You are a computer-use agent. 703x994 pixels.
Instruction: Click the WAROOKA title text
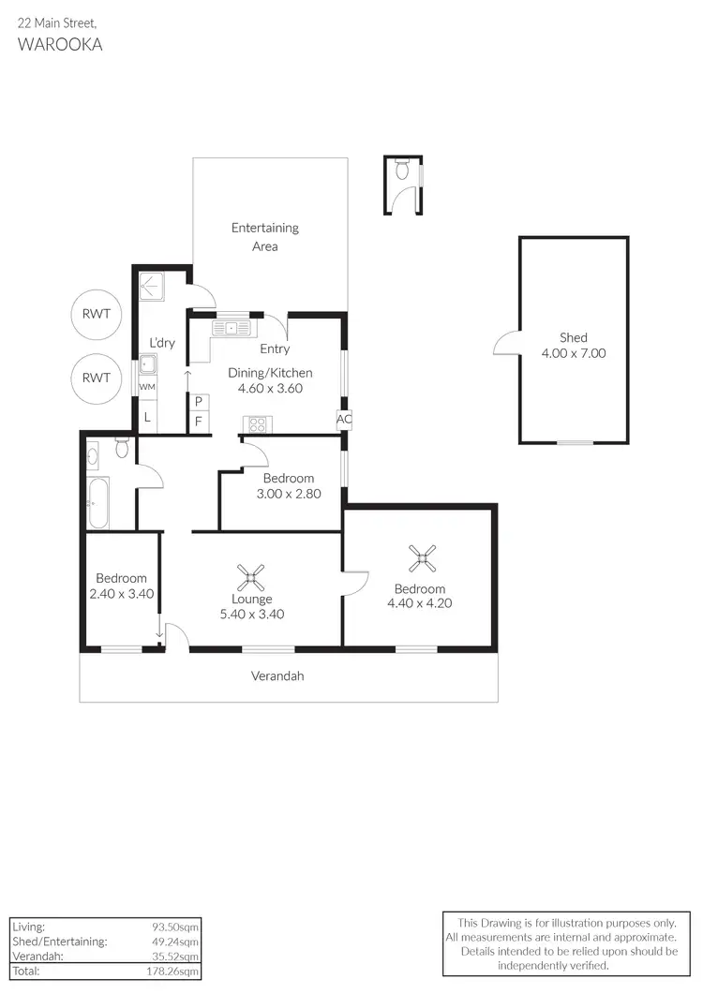click(60, 44)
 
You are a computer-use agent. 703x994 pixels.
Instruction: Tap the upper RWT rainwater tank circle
click(97, 314)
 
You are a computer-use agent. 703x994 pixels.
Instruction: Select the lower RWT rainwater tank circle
click(97, 378)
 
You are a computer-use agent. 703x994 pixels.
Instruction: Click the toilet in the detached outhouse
click(403, 171)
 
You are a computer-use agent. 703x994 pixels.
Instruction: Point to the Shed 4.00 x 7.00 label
click(574, 346)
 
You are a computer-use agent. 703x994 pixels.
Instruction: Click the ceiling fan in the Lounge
click(251, 573)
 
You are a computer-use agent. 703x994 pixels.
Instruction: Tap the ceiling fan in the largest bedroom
click(423, 560)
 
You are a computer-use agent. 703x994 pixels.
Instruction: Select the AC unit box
click(344, 420)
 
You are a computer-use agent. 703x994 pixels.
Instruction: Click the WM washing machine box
click(147, 387)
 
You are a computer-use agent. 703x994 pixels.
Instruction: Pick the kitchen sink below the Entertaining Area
click(232, 328)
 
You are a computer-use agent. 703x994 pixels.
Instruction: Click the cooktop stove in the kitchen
click(255, 423)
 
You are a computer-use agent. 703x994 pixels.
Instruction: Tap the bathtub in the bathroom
click(97, 502)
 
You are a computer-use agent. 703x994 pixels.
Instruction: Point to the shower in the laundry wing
click(151, 285)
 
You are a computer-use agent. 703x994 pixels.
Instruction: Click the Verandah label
click(277, 675)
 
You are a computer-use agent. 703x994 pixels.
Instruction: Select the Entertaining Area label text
click(265, 237)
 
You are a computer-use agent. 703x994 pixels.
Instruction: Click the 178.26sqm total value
click(177, 972)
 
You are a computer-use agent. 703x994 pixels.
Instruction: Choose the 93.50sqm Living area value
click(179, 926)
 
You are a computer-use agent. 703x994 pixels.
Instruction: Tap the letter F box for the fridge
click(198, 422)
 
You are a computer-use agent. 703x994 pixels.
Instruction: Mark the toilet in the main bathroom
click(121, 448)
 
